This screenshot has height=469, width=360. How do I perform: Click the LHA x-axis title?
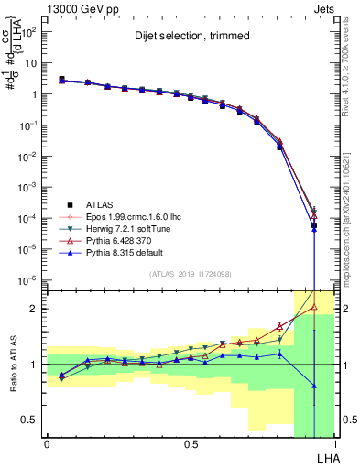pyautogui.click(x=325, y=456)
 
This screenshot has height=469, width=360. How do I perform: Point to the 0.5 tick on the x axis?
pyautogui.click(x=191, y=442)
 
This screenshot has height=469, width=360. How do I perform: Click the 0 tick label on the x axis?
pyautogui.click(x=47, y=442)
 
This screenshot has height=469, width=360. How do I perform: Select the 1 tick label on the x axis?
pyautogui.click(x=335, y=442)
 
